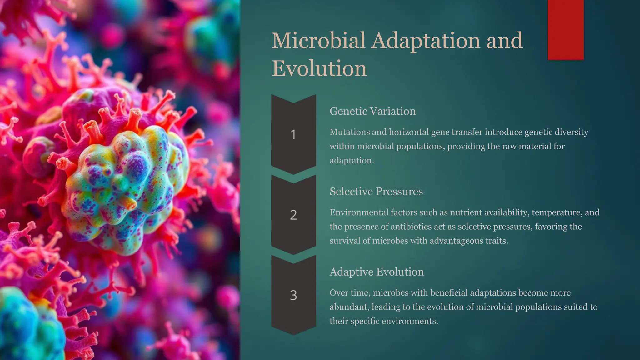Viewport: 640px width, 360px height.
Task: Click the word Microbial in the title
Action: pos(318,41)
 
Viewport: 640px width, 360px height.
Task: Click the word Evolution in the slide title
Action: pos(319,68)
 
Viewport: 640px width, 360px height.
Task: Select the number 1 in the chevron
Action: pos(293,135)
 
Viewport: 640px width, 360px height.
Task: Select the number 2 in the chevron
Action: pos(293,215)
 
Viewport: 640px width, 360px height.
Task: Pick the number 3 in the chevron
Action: pos(293,295)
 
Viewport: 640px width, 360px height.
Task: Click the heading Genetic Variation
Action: pos(372,111)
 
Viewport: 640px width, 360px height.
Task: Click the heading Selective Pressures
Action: pos(376,192)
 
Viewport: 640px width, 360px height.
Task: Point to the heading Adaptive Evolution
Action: pos(377,272)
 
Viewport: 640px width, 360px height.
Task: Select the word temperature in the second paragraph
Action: pos(556,212)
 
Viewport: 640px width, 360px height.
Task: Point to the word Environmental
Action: pos(359,212)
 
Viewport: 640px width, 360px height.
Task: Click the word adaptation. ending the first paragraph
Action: pos(352,161)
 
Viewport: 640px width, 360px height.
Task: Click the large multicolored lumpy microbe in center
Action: pos(125,187)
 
